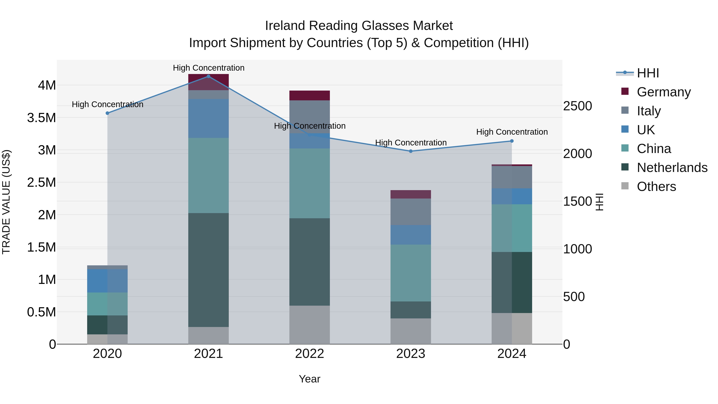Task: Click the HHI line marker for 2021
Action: [x=208, y=76]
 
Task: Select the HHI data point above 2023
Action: [x=411, y=151]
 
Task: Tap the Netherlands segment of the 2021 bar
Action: [x=208, y=270]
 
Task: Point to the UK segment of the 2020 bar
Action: [x=107, y=281]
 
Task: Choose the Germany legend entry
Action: [x=664, y=92]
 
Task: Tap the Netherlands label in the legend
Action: [x=672, y=168]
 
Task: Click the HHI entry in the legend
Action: [x=648, y=73]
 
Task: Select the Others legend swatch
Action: [x=625, y=186]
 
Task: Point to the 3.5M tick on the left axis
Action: [x=41, y=118]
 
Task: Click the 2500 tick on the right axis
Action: [x=578, y=106]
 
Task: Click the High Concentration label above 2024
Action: [x=512, y=132]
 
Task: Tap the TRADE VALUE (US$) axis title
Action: [x=6, y=202]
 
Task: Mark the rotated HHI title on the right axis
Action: [x=599, y=202]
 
